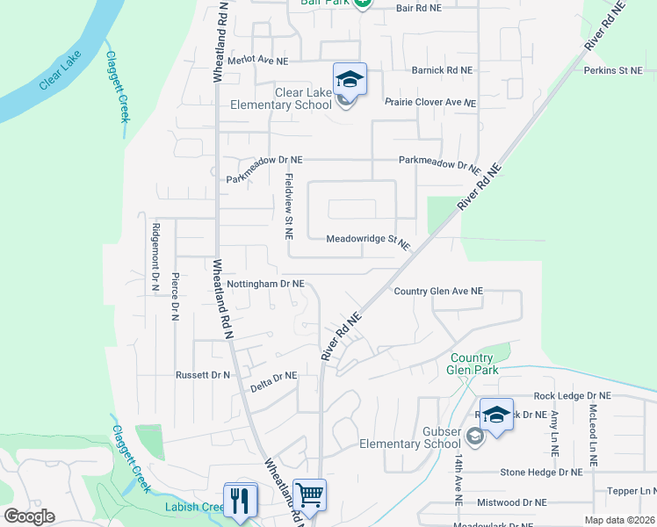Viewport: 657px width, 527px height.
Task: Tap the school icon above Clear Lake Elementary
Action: click(x=350, y=80)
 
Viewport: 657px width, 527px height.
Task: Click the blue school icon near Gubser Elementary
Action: click(x=496, y=415)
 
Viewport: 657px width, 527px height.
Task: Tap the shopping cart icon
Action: click(x=309, y=495)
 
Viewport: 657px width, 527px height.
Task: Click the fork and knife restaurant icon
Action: click(x=240, y=500)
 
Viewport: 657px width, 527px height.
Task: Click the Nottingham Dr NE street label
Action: click(x=264, y=285)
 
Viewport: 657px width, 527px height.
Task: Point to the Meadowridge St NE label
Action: click(x=368, y=240)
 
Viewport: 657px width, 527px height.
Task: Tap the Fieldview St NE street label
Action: click(x=288, y=206)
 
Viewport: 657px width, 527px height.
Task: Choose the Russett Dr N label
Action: click(x=202, y=374)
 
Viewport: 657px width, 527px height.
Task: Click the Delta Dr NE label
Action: click(x=273, y=377)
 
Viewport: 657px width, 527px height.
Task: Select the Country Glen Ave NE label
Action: click(x=438, y=291)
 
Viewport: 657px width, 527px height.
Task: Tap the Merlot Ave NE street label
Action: click(x=257, y=61)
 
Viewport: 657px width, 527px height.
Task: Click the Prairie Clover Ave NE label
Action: click(x=430, y=102)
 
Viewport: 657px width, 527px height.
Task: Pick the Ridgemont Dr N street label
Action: click(x=155, y=256)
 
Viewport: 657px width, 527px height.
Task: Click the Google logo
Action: click(x=29, y=516)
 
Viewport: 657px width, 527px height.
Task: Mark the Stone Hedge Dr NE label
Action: click(x=541, y=472)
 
